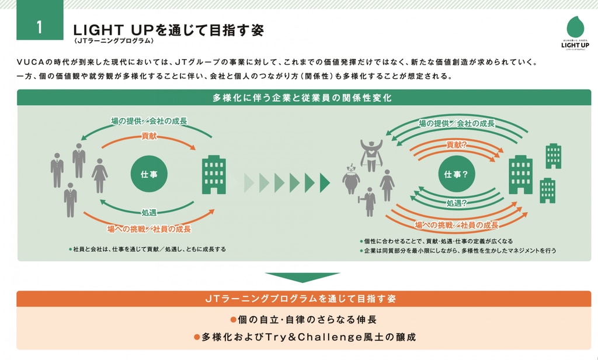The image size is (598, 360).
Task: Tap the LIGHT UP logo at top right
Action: point(575,33)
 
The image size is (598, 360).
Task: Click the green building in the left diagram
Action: point(214,174)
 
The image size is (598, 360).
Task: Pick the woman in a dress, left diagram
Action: point(100,175)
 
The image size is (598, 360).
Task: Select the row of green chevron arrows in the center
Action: point(287,183)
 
